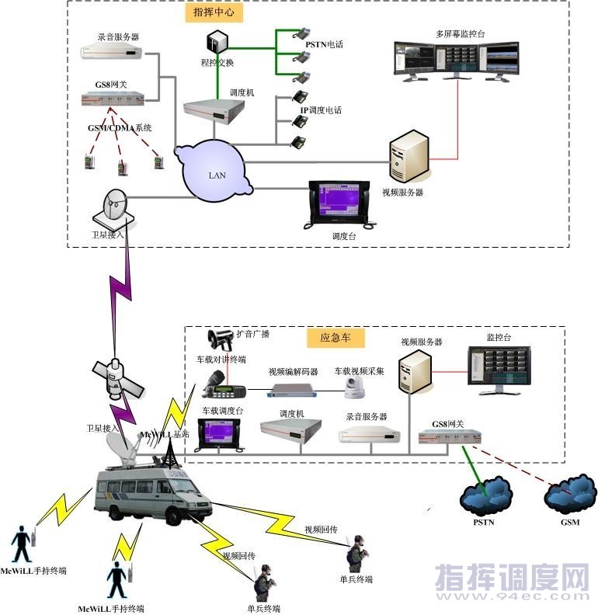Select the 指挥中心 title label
click(x=214, y=13)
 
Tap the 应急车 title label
click(x=336, y=338)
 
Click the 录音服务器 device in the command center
click(x=113, y=52)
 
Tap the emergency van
click(x=152, y=495)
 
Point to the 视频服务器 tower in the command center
click(x=409, y=156)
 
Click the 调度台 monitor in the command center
click(x=343, y=203)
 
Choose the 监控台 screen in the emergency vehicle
click(x=497, y=368)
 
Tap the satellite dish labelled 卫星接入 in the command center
click(x=113, y=207)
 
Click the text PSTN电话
click(x=324, y=45)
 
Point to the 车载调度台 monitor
click(x=221, y=435)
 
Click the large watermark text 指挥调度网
click(x=513, y=578)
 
